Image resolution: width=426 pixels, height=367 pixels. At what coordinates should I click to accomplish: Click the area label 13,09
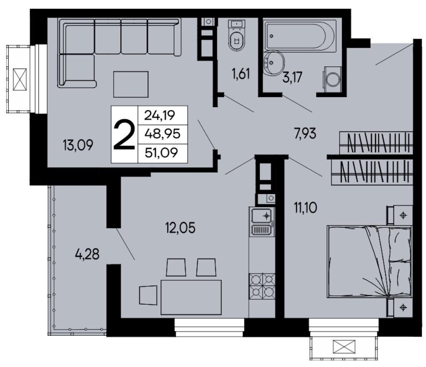tap(78, 145)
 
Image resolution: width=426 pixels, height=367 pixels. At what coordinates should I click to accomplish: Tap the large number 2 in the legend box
tap(124, 135)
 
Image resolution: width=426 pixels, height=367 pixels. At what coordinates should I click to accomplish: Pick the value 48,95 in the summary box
tap(162, 134)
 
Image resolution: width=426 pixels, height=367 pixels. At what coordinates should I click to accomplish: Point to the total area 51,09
tap(162, 153)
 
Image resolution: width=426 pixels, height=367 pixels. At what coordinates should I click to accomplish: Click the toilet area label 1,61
tap(241, 74)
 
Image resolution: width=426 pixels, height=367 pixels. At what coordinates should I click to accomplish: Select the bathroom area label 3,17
tap(293, 77)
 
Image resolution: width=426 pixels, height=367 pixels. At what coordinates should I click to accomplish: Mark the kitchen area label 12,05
tap(180, 228)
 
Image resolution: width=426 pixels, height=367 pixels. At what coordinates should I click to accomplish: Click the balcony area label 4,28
tap(87, 254)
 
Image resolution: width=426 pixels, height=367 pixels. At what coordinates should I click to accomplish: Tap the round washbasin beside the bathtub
tap(274, 63)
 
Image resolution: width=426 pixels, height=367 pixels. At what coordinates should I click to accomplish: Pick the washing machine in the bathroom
tap(332, 78)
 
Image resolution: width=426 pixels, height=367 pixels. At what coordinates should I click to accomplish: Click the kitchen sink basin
tap(262, 216)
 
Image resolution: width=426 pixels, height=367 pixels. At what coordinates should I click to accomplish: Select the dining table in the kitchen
tap(191, 297)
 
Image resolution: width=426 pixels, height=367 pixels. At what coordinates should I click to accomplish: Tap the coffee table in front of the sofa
tap(131, 84)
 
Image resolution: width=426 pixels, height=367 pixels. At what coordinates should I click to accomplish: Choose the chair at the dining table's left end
tap(148, 295)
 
